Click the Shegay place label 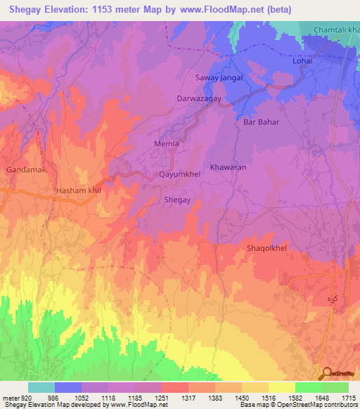coord(177,200)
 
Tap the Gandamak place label coord(24,170)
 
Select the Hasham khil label coord(79,190)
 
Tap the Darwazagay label coord(199,100)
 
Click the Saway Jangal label coord(219,78)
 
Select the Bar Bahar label coord(261,122)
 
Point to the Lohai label coord(302,62)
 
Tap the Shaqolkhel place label coord(267,248)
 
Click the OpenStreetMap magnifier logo coord(325,374)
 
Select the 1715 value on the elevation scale coord(347,397)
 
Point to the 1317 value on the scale coord(187,397)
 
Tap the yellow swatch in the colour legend coord(281,387)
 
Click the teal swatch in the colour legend coord(41,387)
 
